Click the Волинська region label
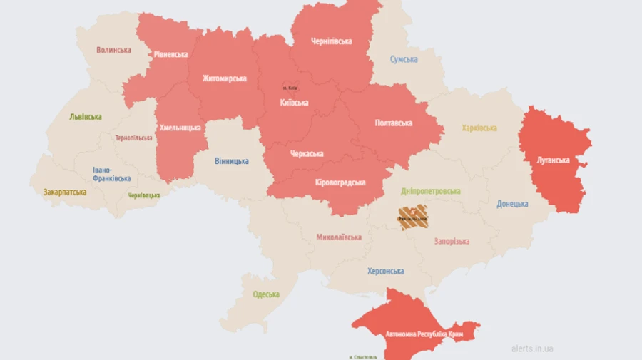113,50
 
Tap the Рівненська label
171,54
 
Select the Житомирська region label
224,78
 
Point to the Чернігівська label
331,41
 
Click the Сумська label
404,59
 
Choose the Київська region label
294,103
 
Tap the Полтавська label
393,123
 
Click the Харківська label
479,128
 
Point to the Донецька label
512,204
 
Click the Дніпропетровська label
430,191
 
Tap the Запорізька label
452,241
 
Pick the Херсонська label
385,271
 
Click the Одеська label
265,294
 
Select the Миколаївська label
339,237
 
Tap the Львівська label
86,117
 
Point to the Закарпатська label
65,192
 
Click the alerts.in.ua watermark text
532,349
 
